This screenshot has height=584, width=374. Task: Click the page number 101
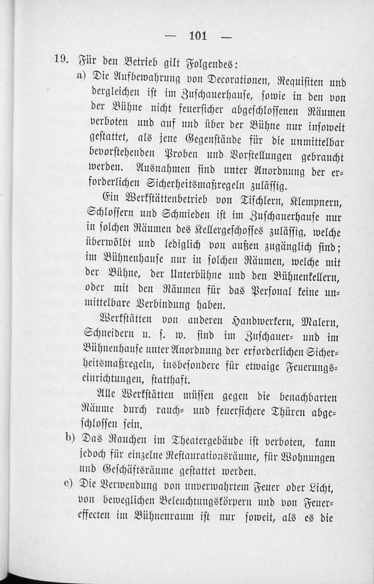coord(198,36)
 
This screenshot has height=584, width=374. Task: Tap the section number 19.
coord(61,59)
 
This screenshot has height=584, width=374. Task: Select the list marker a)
coord(82,76)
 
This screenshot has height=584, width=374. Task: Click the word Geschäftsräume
coord(135,471)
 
